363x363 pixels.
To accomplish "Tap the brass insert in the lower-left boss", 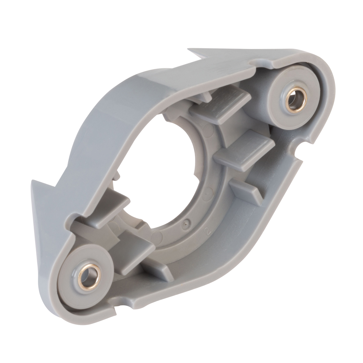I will pyautogui.click(x=89, y=277).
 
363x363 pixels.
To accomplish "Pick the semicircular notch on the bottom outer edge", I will pyautogui.click(x=122, y=305).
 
